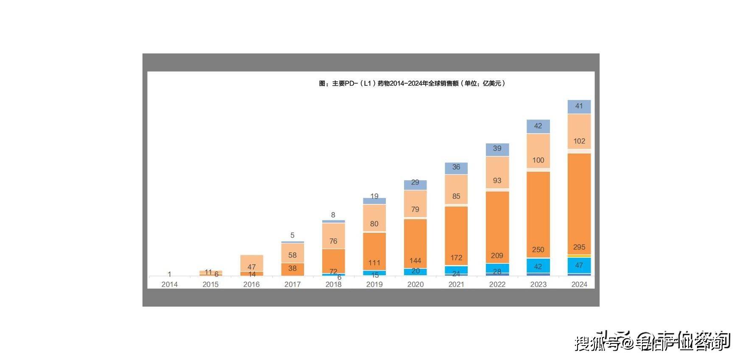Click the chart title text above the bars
coord(412,84)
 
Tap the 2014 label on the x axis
coord(169,285)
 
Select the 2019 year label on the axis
coord(374,285)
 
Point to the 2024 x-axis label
coord(579,285)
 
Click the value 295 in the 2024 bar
coord(579,247)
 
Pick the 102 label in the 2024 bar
coord(579,141)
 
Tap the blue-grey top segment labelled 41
coord(579,106)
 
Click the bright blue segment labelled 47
coord(579,265)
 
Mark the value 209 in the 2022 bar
coord(497,256)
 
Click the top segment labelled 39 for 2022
coord(497,149)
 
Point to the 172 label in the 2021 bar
coord(456,258)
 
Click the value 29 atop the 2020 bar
coord(415,183)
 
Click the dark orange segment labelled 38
coord(293,269)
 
